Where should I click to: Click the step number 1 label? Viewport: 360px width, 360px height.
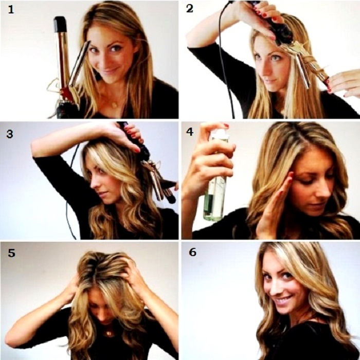click(x=11, y=10)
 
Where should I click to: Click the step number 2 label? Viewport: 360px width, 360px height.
click(x=190, y=9)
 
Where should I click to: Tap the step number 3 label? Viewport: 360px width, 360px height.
click(x=10, y=134)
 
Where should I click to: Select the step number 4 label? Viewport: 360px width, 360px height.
click(x=190, y=132)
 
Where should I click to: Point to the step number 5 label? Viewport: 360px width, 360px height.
click(x=11, y=253)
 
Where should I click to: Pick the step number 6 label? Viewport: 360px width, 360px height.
click(x=192, y=252)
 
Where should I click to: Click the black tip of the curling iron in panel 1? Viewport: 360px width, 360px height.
click(x=60, y=24)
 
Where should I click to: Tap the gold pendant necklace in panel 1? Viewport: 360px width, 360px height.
click(x=114, y=104)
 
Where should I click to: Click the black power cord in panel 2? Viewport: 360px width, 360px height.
click(x=226, y=60)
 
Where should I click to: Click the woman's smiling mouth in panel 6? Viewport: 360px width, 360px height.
click(x=284, y=300)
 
